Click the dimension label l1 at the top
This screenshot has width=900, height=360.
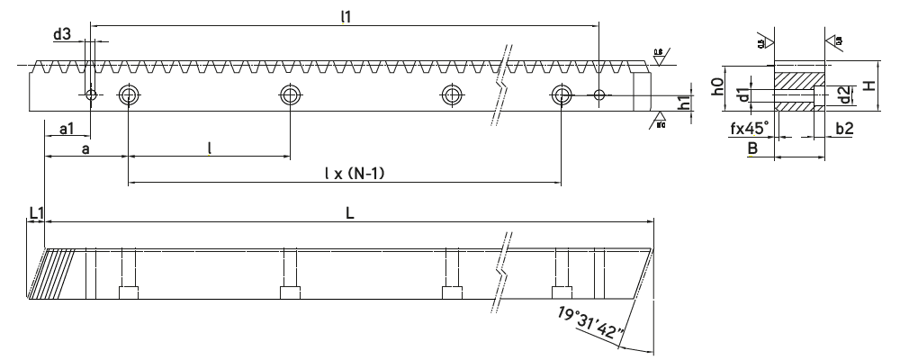click(x=346, y=17)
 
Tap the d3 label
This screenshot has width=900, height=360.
click(x=62, y=35)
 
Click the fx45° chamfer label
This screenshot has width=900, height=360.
click(x=748, y=129)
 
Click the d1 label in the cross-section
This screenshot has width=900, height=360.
click(x=743, y=94)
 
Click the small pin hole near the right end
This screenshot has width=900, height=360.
click(x=600, y=94)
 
